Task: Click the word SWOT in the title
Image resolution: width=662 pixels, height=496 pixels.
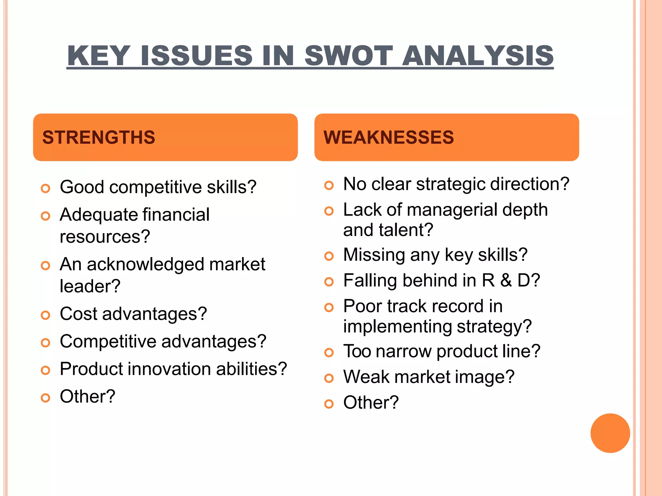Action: point(348,56)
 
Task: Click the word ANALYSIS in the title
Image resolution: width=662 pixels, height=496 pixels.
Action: point(478,56)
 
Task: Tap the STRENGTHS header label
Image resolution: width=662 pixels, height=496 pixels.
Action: point(99,137)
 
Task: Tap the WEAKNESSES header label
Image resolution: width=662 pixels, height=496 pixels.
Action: point(389,137)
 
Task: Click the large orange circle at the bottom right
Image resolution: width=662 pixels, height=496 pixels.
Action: point(610,433)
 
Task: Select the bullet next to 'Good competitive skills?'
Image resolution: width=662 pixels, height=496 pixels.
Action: point(46,188)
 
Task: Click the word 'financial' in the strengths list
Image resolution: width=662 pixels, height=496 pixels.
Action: point(176,215)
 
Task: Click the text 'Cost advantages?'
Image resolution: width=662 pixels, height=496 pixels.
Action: point(133,314)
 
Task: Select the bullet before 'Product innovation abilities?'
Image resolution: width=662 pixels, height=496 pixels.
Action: point(46,370)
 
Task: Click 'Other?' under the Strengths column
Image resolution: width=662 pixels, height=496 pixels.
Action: point(87,397)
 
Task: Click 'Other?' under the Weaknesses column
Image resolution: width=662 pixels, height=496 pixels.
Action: point(371,403)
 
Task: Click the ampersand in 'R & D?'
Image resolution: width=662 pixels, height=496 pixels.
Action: point(506,280)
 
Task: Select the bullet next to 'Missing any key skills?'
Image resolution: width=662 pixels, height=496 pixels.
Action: point(329,256)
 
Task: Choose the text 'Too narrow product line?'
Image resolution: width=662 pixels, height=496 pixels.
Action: point(442,351)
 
